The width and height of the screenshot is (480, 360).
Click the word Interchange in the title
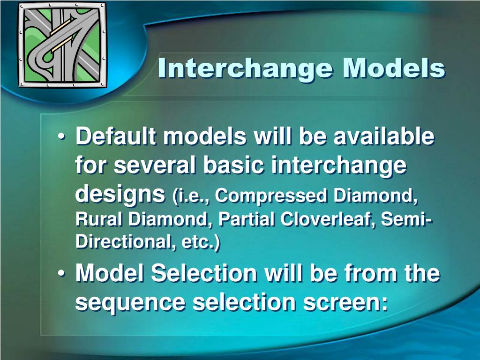[246, 69]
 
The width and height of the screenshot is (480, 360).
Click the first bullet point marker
[62, 138]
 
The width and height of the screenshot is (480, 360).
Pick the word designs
[120, 194]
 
